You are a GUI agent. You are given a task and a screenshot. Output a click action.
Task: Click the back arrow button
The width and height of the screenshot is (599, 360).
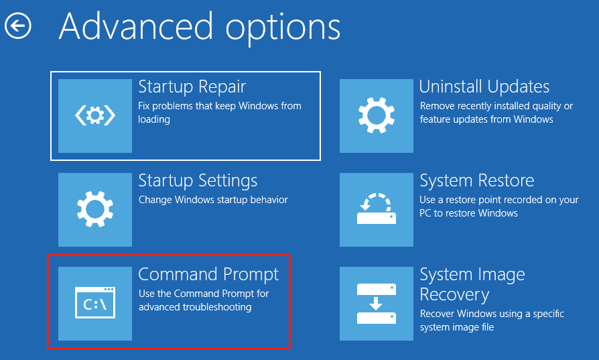coord(17,26)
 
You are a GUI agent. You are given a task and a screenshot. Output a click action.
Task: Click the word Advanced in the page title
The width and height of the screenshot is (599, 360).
coord(136,26)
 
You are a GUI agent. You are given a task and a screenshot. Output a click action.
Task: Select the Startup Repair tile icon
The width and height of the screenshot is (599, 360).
coord(95,116)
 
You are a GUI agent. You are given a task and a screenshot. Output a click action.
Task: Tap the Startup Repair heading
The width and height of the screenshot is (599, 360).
coord(192,87)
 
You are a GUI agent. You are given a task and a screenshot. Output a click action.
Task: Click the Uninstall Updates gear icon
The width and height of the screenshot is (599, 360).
coord(377,116)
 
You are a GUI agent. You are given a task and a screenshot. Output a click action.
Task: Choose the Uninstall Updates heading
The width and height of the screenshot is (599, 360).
coord(484,86)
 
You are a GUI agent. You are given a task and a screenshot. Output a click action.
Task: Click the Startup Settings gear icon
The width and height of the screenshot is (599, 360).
coord(95,209)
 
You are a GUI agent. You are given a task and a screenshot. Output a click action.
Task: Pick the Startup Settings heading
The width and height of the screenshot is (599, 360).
coord(198,181)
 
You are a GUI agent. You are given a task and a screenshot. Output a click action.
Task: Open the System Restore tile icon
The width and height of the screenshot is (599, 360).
coord(377,209)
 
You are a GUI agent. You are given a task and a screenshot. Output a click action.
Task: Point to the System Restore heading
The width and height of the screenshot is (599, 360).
coord(477,180)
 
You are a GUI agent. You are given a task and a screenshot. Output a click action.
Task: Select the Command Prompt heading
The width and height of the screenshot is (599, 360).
coord(208,274)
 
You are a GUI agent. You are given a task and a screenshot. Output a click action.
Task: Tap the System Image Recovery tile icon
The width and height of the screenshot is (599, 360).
coord(377,304)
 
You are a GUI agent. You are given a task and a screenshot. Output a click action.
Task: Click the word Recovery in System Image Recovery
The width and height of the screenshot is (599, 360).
coord(454,295)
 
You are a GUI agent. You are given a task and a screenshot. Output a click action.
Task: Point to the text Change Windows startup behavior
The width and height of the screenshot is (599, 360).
coord(213,200)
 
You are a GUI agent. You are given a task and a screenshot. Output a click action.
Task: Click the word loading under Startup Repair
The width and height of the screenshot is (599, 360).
coord(154,119)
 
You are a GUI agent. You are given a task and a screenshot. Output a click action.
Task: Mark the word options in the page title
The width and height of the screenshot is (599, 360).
coord(283,29)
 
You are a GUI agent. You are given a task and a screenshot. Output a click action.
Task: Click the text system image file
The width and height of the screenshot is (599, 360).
coord(457,327)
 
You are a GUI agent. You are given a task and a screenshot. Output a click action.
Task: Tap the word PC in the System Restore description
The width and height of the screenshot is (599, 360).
coord(425,213)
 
